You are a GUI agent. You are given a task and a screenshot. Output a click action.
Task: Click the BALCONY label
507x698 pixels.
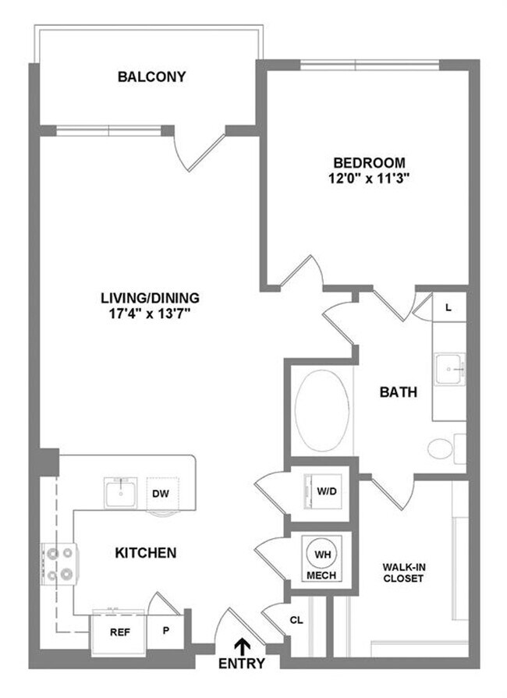click(x=151, y=76)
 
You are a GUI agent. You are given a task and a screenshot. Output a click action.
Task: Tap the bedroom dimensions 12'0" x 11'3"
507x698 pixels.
click(x=369, y=178)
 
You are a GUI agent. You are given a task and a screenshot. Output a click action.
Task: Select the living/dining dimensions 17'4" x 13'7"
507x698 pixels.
click(x=150, y=313)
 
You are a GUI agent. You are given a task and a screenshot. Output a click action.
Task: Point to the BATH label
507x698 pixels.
click(x=399, y=392)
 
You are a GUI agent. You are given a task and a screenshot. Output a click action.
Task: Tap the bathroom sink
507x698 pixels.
click(x=450, y=370)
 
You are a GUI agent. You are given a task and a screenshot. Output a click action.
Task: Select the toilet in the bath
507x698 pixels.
click(x=441, y=448)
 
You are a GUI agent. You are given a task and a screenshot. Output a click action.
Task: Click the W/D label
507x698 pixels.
click(x=327, y=492)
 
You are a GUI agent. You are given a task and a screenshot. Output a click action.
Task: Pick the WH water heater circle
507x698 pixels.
click(x=322, y=555)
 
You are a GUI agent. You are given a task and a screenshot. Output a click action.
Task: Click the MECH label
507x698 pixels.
click(x=322, y=576)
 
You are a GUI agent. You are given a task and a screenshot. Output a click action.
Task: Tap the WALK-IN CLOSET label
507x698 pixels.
click(x=402, y=572)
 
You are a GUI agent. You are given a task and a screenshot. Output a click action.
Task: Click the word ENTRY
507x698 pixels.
click(x=243, y=664)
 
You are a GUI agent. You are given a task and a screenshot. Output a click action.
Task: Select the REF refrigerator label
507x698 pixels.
click(x=119, y=633)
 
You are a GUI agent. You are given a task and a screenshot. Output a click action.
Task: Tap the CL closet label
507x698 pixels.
click(x=296, y=621)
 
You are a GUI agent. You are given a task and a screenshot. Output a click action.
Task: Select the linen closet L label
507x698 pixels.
click(x=448, y=307)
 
